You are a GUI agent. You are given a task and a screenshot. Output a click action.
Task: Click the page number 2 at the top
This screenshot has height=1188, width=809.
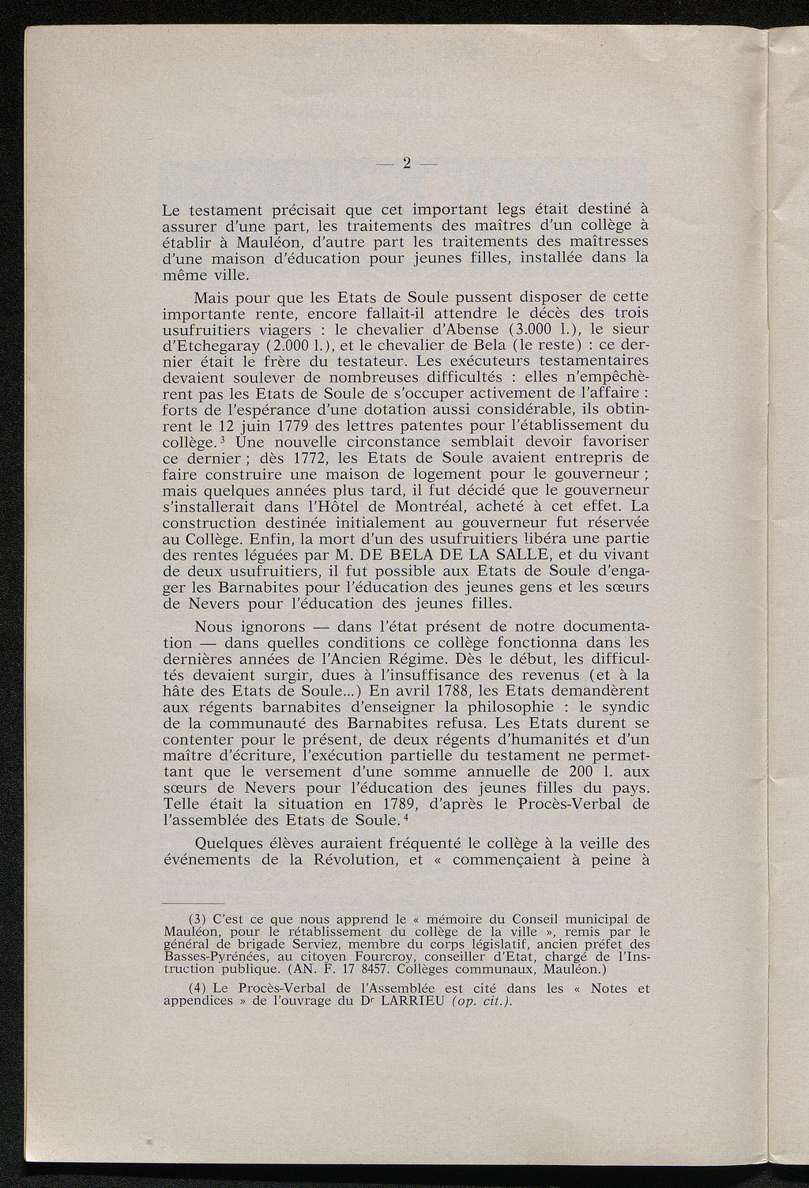[x=407, y=164]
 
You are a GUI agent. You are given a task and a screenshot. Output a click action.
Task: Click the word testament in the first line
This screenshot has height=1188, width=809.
[x=223, y=210]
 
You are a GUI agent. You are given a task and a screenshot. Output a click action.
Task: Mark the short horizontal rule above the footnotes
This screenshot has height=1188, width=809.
[x=194, y=903]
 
